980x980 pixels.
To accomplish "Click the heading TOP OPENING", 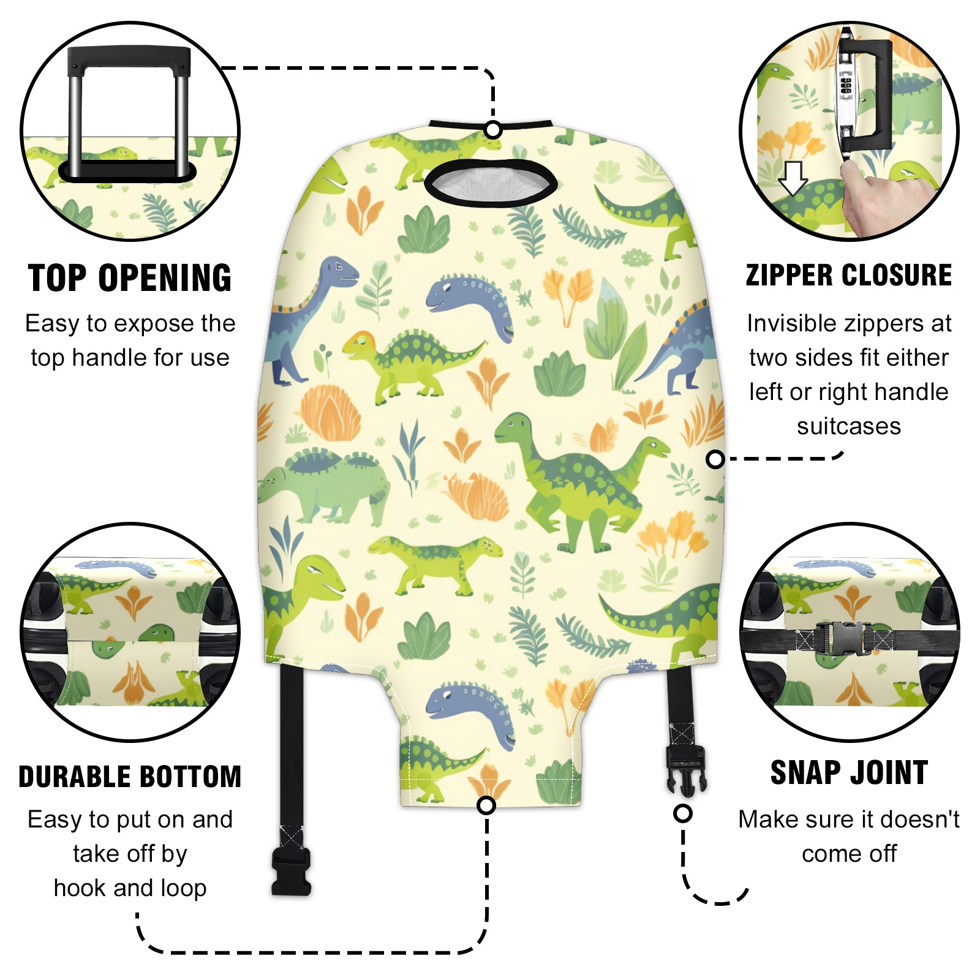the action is [x=130, y=278].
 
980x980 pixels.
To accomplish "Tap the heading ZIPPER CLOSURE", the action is [x=849, y=275].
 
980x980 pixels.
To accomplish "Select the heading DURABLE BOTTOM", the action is [x=130, y=777].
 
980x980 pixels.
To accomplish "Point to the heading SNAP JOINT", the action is [x=849, y=772].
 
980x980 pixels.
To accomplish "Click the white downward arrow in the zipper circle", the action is [x=793, y=178].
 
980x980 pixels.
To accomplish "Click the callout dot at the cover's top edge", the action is [x=493, y=130].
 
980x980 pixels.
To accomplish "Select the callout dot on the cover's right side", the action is [x=715, y=459].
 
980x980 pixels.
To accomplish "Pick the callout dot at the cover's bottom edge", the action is [x=486, y=805].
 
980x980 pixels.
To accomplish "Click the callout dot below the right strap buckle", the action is [x=683, y=813].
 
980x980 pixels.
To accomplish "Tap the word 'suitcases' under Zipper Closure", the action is [x=849, y=426].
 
